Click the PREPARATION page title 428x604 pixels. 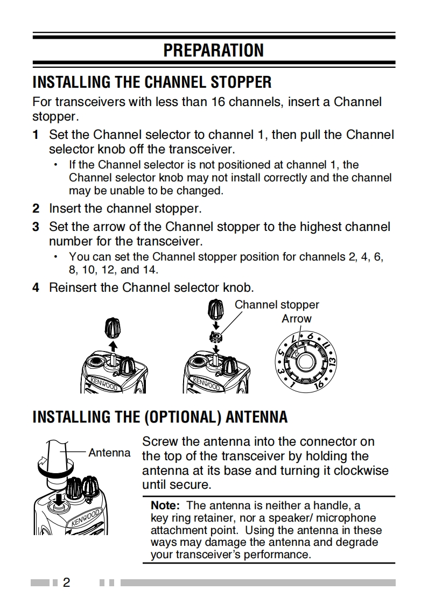(x=214, y=50)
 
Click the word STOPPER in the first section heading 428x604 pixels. (x=241, y=82)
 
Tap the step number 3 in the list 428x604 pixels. (x=36, y=227)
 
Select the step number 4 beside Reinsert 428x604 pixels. (x=36, y=287)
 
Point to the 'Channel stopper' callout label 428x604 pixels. (x=277, y=305)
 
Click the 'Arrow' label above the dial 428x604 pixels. (x=296, y=319)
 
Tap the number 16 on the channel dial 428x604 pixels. (x=319, y=385)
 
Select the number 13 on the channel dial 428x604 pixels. (x=332, y=362)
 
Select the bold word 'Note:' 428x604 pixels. (x=165, y=505)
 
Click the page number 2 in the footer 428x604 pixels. (x=67, y=582)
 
